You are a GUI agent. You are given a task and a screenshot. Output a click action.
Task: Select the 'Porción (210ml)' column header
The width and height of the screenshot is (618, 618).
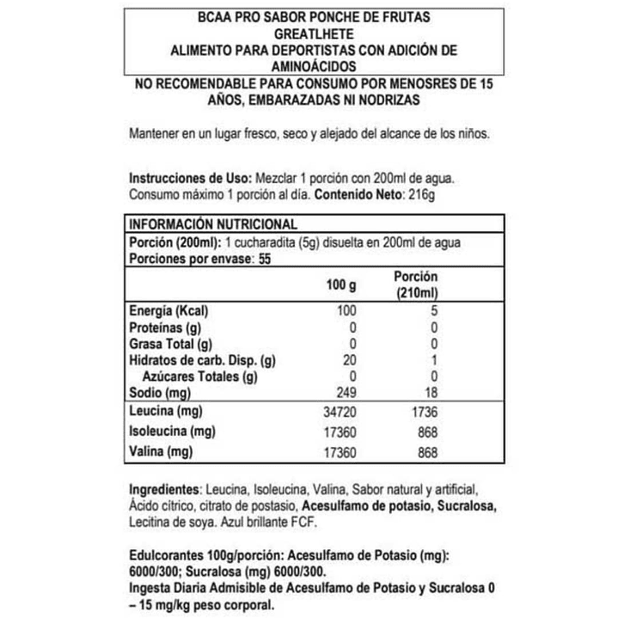tap(416, 285)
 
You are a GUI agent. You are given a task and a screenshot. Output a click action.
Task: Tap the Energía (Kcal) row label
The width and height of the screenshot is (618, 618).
tap(168, 311)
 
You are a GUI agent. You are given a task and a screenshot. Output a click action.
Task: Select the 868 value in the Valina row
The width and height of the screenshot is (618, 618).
tap(428, 452)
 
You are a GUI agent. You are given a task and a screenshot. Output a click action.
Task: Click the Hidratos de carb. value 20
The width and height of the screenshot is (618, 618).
tap(347, 360)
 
